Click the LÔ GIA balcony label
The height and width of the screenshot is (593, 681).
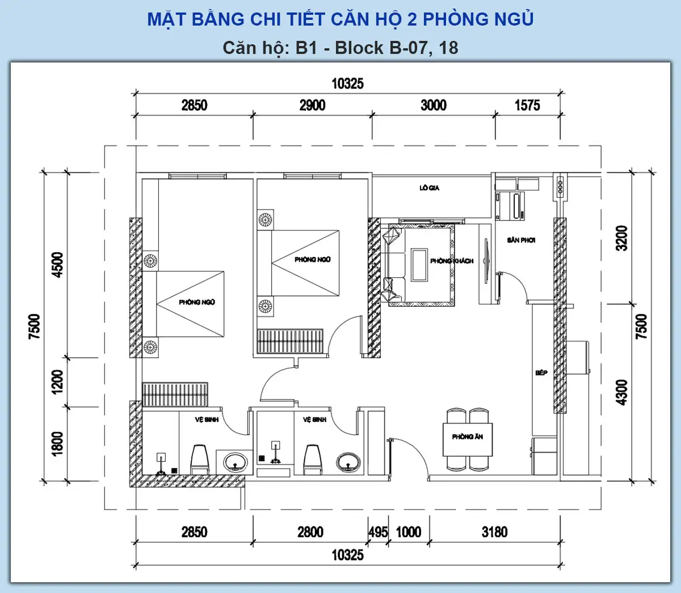430,188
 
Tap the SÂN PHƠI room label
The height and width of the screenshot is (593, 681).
521,240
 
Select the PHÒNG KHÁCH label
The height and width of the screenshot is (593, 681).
452,261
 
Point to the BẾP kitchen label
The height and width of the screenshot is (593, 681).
541,373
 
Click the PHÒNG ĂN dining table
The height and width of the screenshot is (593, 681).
468,440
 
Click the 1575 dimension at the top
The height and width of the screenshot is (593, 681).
528,105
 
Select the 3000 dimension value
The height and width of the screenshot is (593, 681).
434,105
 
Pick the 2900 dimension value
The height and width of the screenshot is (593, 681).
312,105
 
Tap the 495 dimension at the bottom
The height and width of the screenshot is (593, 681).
378,532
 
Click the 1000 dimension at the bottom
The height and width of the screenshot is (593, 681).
409,532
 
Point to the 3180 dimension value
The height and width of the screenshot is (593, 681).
495,532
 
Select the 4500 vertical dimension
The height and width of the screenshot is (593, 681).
58,265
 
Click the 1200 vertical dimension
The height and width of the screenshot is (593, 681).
58,382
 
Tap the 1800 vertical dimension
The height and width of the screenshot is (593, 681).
58,444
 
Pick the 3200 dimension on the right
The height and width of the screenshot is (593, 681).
622,238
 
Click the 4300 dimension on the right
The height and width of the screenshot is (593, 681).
622,392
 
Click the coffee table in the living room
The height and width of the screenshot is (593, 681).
419,265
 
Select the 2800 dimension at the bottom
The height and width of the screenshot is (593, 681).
310,532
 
